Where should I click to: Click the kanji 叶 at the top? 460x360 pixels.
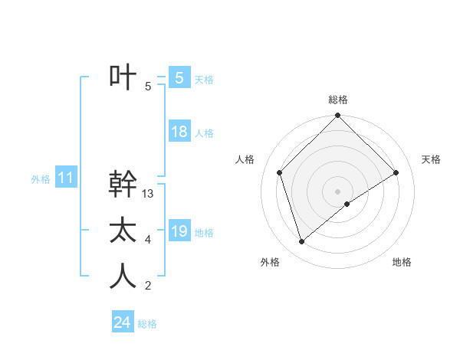click(x=123, y=77)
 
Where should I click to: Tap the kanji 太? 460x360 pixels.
click(x=123, y=231)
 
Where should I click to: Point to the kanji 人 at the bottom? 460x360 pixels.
click(x=123, y=277)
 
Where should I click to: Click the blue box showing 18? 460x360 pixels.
click(x=179, y=132)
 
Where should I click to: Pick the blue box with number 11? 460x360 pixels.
click(x=65, y=178)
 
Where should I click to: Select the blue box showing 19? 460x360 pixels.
click(x=179, y=231)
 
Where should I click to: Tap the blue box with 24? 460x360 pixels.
click(x=122, y=322)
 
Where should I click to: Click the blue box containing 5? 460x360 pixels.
click(x=179, y=77)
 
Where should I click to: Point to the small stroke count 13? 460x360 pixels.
click(x=148, y=194)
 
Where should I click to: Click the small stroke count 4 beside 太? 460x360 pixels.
click(x=148, y=240)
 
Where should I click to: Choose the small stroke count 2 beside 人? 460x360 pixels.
click(x=148, y=286)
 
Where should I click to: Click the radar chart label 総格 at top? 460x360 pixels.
click(x=338, y=100)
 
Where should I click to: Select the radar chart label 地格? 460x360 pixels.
click(x=402, y=262)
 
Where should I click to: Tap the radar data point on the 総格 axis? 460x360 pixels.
click(x=337, y=116)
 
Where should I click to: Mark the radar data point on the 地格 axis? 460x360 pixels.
click(x=347, y=204)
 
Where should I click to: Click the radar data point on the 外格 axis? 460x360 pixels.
click(x=301, y=242)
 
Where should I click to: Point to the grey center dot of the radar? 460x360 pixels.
click(x=337, y=191)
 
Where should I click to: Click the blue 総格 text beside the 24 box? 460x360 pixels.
click(x=147, y=324)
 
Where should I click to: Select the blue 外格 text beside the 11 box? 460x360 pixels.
click(x=41, y=179)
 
